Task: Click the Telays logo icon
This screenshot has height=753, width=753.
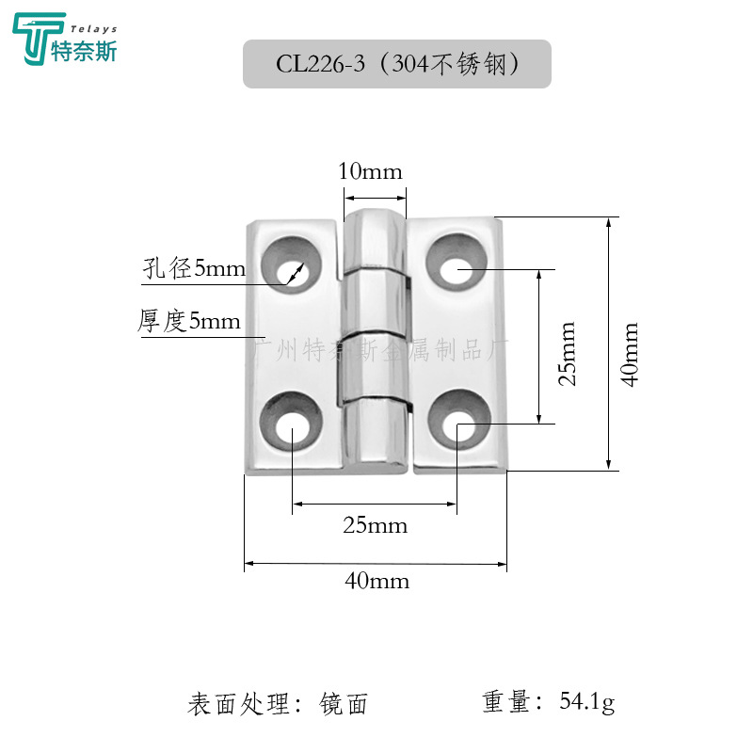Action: point(35,39)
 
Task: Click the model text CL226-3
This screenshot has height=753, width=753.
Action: point(319,64)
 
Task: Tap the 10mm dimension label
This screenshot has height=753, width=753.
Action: point(370,171)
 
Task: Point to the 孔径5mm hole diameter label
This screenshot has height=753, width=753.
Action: point(194,270)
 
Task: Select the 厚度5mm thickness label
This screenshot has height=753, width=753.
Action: point(189,322)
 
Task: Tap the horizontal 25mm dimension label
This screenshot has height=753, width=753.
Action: point(376,525)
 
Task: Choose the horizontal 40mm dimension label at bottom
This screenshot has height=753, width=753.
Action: point(376,581)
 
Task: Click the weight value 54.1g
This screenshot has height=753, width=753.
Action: point(586,702)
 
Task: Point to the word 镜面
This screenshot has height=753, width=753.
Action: point(344,703)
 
